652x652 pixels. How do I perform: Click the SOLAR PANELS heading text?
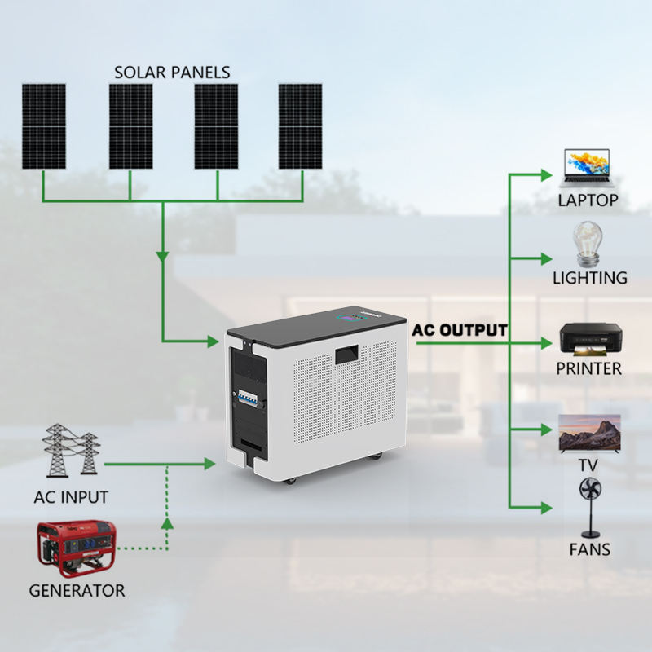(x=172, y=73)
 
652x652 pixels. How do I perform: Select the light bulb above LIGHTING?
(x=588, y=244)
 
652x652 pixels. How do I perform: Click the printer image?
(x=590, y=339)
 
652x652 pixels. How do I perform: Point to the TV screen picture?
(x=589, y=433)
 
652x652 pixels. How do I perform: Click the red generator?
(x=77, y=548)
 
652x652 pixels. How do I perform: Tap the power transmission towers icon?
(x=71, y=451)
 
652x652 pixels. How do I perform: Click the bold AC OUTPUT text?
(x=460, y=330)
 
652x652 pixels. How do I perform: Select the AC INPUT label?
(x=71, y=497)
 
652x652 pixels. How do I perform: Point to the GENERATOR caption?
(x=77, y=590)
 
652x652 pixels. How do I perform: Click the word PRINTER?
(x=588, y=369)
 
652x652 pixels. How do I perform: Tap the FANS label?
(x=589, y=549)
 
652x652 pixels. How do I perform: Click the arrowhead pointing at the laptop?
(x=546, y=175)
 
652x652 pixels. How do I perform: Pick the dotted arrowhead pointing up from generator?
(x=167, y=523)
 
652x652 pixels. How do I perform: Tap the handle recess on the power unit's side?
(x=347, y=355)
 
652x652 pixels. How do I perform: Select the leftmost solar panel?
(x=44, y=126)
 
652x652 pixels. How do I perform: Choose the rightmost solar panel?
(x=300, y=126)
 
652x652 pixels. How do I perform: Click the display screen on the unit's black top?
(x=350, y=317)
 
